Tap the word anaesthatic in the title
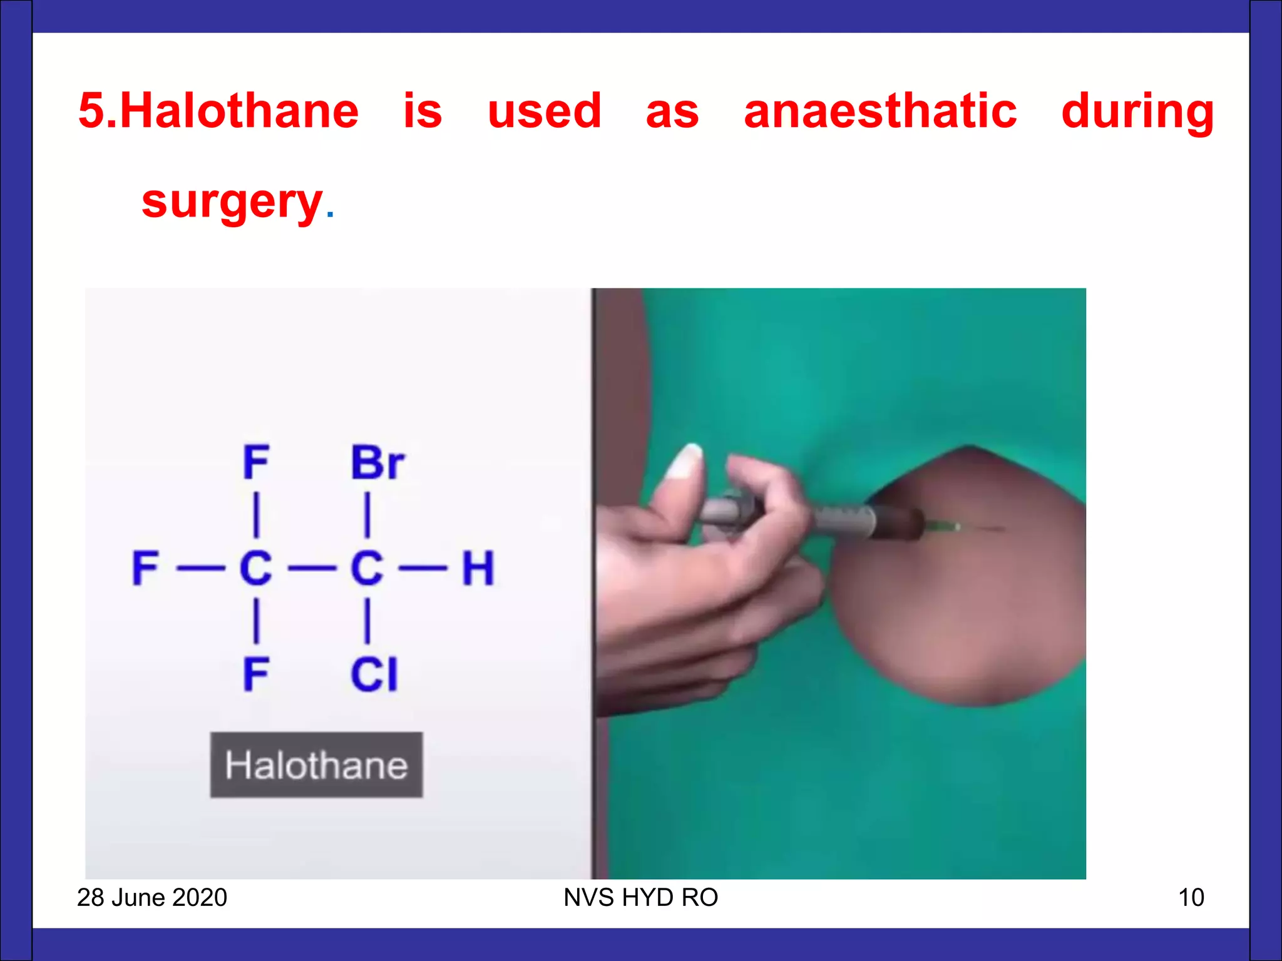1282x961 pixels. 880,111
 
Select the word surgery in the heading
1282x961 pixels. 232,201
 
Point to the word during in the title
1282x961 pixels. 1137,111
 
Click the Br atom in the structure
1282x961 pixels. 377,463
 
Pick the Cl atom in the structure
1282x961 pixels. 374,674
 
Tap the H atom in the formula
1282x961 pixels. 478,568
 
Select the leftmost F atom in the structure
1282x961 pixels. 146,568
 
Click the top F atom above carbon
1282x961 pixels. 256,463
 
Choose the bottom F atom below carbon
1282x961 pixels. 256,674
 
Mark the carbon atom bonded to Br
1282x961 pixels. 367,568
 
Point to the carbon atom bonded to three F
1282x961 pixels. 256,568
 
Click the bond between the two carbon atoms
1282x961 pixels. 312,569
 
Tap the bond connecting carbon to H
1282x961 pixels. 423,569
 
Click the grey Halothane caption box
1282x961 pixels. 316,765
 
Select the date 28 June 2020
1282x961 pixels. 152,897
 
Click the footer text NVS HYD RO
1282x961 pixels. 640,897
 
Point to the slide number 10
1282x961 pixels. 1191,897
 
